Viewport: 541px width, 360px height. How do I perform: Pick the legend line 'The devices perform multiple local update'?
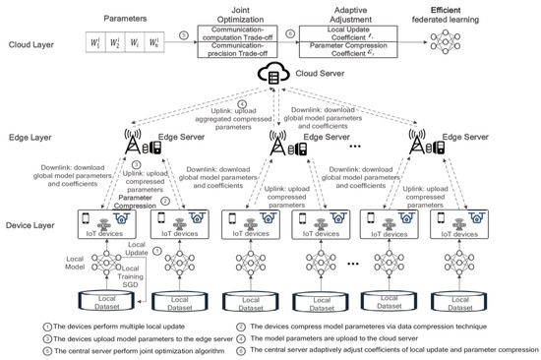click(89, 327)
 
